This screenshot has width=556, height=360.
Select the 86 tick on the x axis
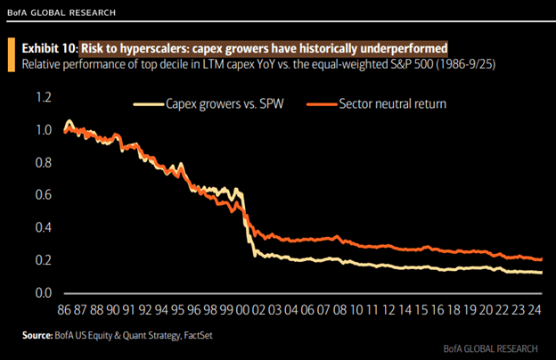click(64, 311)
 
